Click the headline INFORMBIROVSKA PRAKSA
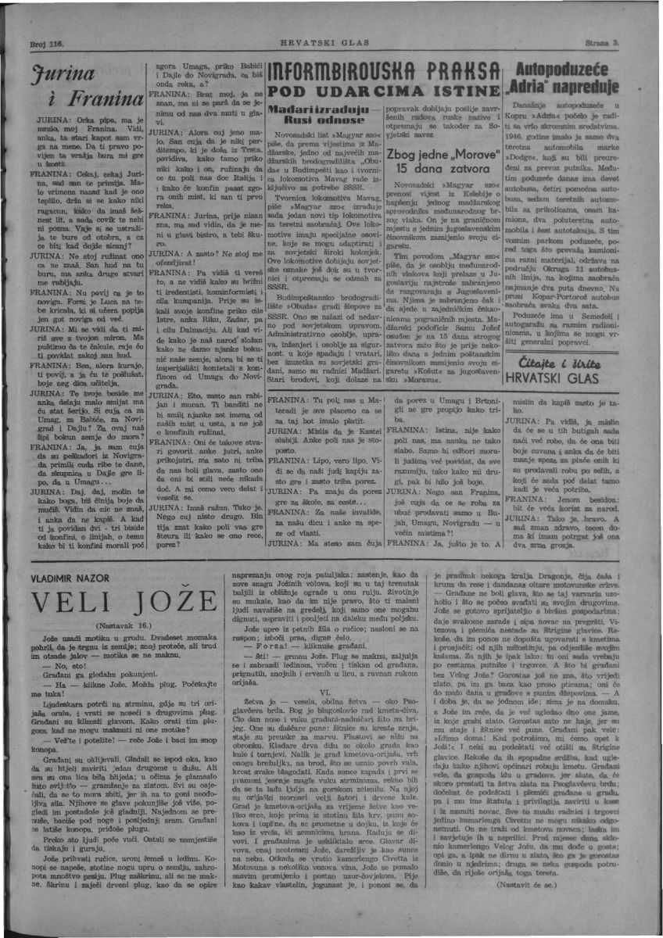(380, 73)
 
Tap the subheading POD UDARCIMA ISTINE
(380, 91)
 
